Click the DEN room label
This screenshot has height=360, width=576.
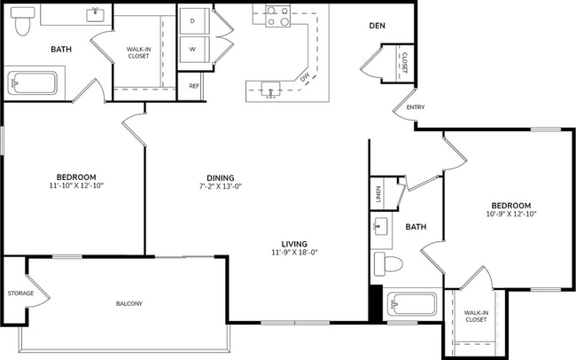[377, 26]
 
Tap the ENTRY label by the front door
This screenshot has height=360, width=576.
[416, 107]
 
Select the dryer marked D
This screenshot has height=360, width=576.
[192, 20]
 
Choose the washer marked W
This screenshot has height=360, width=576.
[192, 49]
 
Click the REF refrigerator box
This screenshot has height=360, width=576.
[194, 86]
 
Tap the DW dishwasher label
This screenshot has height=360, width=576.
[304, 78]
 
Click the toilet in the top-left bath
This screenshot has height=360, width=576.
[24, 22]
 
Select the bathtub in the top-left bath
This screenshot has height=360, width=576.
[32, 85]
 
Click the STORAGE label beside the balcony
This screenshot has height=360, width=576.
[20, 293]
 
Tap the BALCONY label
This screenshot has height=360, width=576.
[128, 304]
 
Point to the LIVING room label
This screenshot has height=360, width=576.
[294, 244]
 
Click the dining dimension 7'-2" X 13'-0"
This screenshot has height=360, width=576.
[221, 186]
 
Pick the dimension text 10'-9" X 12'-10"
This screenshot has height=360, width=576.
[511, 213]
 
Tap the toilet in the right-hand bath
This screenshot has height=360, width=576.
[389, 263]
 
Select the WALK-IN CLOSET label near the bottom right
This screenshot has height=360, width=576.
[476, 316]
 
